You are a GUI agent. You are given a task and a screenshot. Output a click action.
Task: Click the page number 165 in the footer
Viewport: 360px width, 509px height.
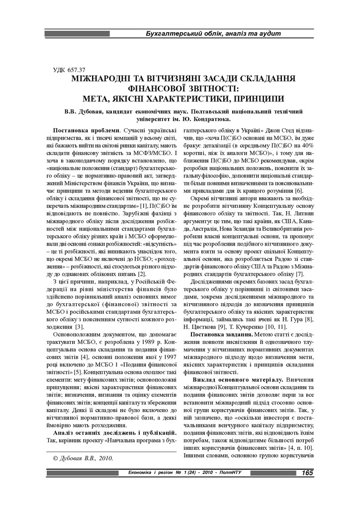tap(307, 472)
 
